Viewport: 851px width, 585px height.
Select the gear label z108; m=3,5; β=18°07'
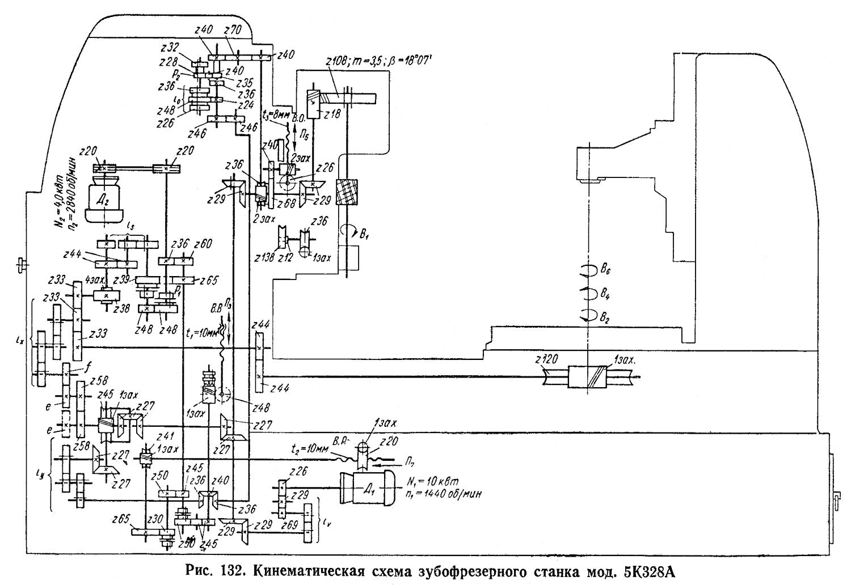(379, 61)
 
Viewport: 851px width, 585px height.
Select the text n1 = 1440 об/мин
(444, 494)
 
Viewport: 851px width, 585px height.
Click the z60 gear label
(203, 245)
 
